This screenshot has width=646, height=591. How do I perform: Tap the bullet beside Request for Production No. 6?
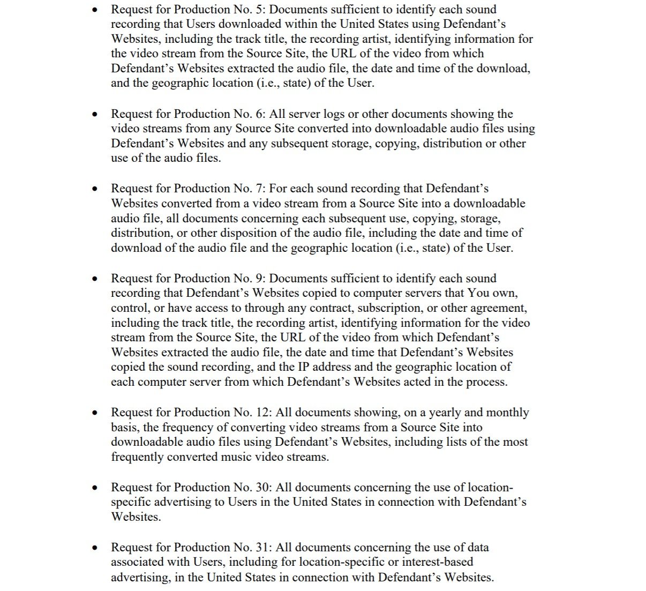point(95,115)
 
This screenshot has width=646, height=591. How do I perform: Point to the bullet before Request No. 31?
point(95,548)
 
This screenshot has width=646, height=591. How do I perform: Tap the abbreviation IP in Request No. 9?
point(304,367)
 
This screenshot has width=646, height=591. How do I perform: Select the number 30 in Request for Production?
point(266,488)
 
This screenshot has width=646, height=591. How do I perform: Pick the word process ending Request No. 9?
point(485,382)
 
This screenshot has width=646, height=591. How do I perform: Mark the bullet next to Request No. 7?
point(95,189)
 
